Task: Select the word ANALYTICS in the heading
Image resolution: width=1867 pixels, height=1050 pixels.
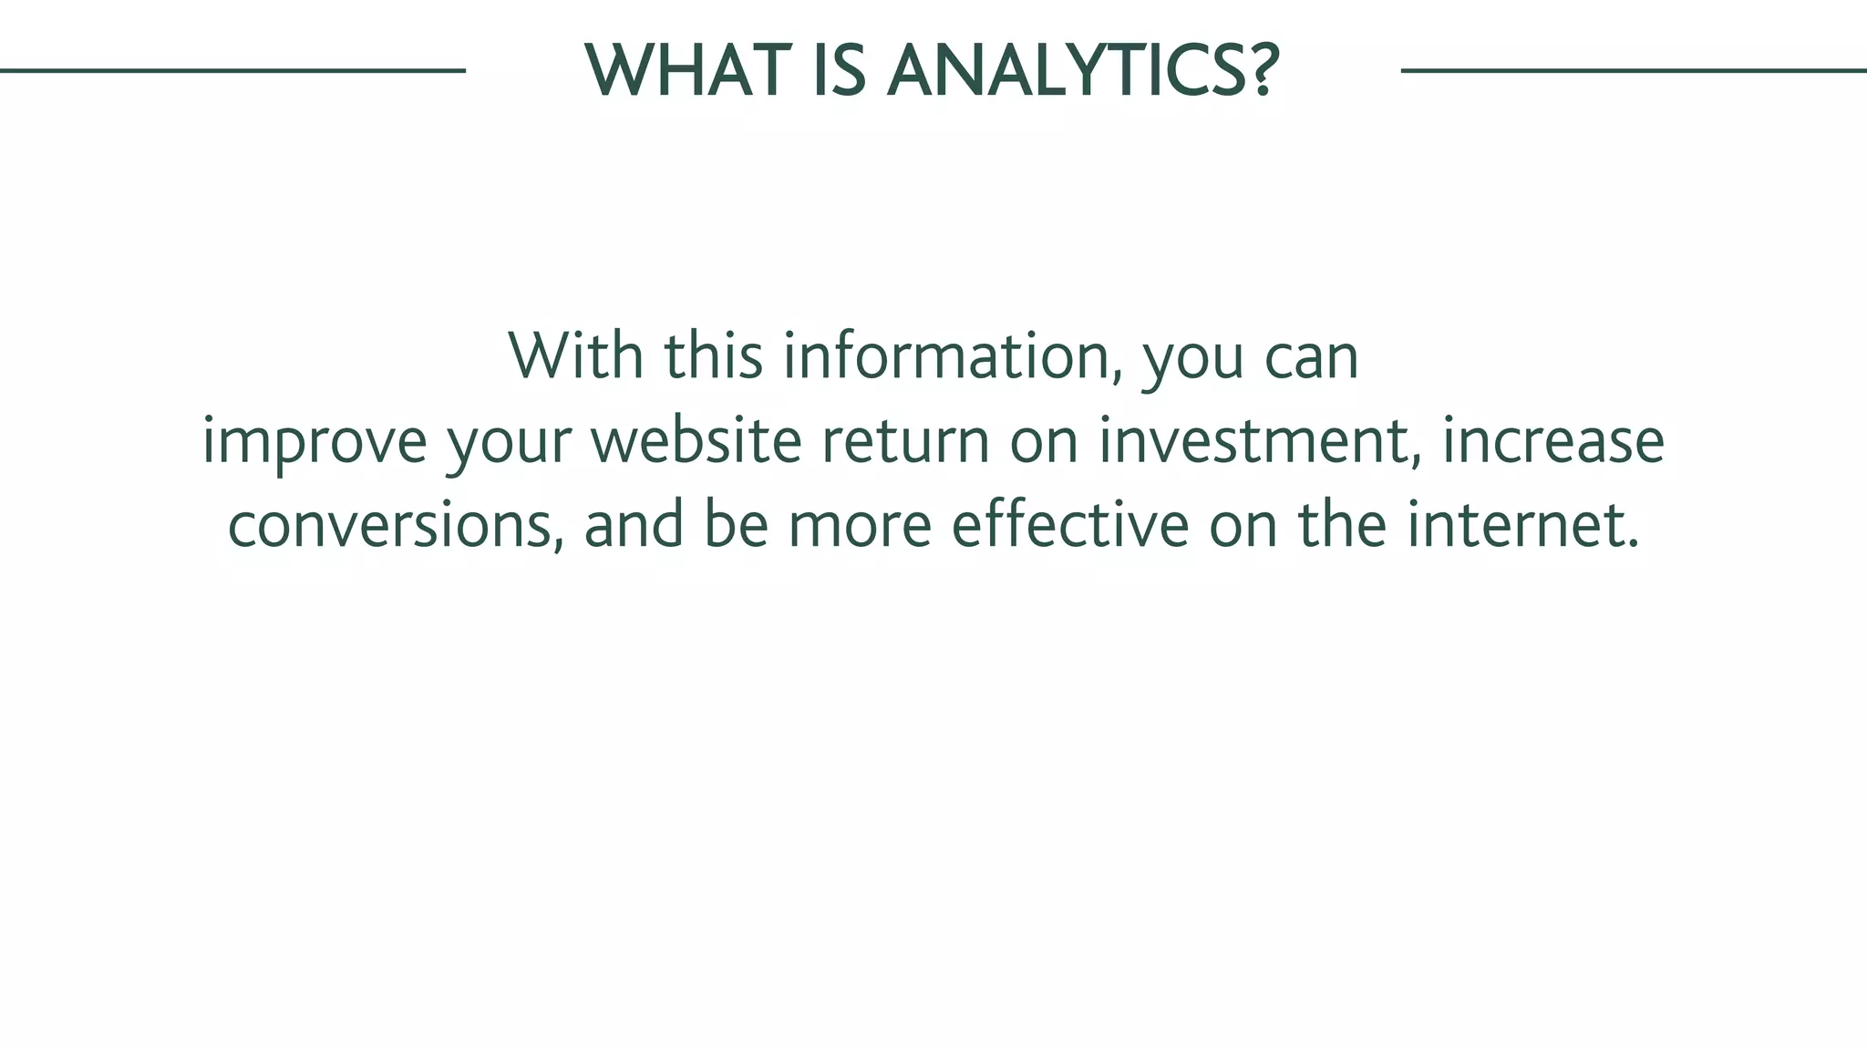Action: [1063, 71]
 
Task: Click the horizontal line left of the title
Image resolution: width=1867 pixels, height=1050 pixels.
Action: [232, 70]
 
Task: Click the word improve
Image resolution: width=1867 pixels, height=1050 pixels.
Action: [315, 441]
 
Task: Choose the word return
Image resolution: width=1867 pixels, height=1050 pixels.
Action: [905, 441]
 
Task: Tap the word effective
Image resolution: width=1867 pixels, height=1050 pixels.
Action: [1070, 525]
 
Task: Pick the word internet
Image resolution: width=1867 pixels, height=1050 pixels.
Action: [1521, 525]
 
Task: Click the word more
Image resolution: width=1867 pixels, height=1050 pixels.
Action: [860, 527]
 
